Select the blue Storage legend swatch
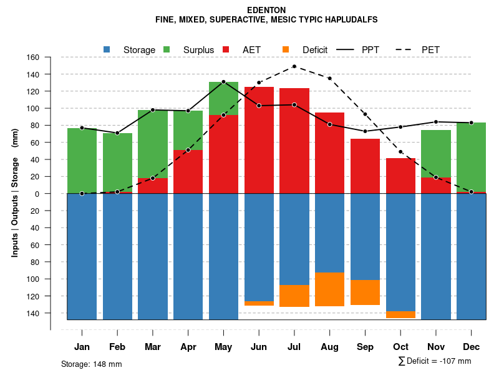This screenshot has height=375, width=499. pyautogui.click(x=107, y=49)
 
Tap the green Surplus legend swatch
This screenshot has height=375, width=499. pyautogui.click(x=167, y=49)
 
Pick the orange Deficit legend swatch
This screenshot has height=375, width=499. pyautogui.click(x=286, y=49)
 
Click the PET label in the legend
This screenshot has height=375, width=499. pyautogui.click(x=430, y=49)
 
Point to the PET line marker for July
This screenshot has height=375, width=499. pyautogui.click(x=294, y=66)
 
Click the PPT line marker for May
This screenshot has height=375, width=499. pyautogui.click(x=223, y=82)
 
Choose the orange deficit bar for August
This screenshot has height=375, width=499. pyautogui.click(x=329, y=289)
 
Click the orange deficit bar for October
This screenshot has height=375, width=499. pyautogui.click(x=400, y=314)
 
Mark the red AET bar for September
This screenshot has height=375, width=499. pyautogui.click(x=365, y=166)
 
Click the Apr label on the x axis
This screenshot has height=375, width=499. pyautogui.click(x=188, y=347)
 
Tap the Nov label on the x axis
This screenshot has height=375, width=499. pyautogui.click(x=436, y=347)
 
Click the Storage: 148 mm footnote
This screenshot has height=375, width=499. pyautogui.click(x=92, y=364)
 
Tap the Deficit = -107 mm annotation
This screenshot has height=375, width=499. pyautogui.click(x=435, y=361)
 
